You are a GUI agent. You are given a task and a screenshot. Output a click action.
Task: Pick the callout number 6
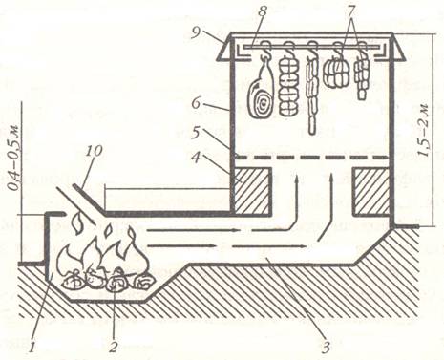(x=198, y=104)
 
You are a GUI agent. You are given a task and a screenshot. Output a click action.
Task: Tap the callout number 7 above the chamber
(x=350, y=11)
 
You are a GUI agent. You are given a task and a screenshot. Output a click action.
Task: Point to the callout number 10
(x=94, y=151)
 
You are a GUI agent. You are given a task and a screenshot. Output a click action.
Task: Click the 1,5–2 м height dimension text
(x=425, y=130)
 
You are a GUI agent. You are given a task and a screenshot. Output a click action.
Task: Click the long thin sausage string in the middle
(x=313, y=94)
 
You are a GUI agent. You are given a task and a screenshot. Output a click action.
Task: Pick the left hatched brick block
(x=252, y=190)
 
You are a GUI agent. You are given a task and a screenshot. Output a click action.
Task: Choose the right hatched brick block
(x=371, y=191)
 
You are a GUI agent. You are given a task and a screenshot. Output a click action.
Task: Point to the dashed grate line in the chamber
(x=311, y=158)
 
